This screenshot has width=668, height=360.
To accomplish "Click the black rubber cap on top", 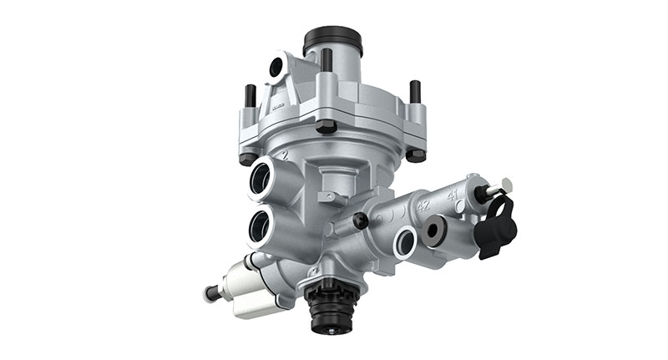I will pyautogui.click(x=332, y=38).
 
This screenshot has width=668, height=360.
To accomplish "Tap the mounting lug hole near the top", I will pyautogui.click(x=276, y=68).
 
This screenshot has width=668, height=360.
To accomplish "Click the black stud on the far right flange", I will pyautogui.click(x=415, y=92).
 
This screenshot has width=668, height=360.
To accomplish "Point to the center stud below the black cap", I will pyautogui.click(x=326, y=60).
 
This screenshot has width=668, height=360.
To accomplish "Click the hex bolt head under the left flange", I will pyautogui.click(x=248, y=158).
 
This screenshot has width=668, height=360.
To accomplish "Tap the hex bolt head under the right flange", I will pyautogui.click(x=415, y=155).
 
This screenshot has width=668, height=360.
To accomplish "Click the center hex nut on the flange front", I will pyautogui.click(x=326, y=126).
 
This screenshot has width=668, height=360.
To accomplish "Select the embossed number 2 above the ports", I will pyautogui.click(x=285, y=155).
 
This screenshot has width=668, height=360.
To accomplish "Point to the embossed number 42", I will pyautogui.click(x=423, y=204).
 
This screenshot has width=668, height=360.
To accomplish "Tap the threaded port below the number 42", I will pyautogui.click(x=406, y=241).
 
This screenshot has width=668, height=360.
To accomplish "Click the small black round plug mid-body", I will pyautogui.click(x=361, y=221).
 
